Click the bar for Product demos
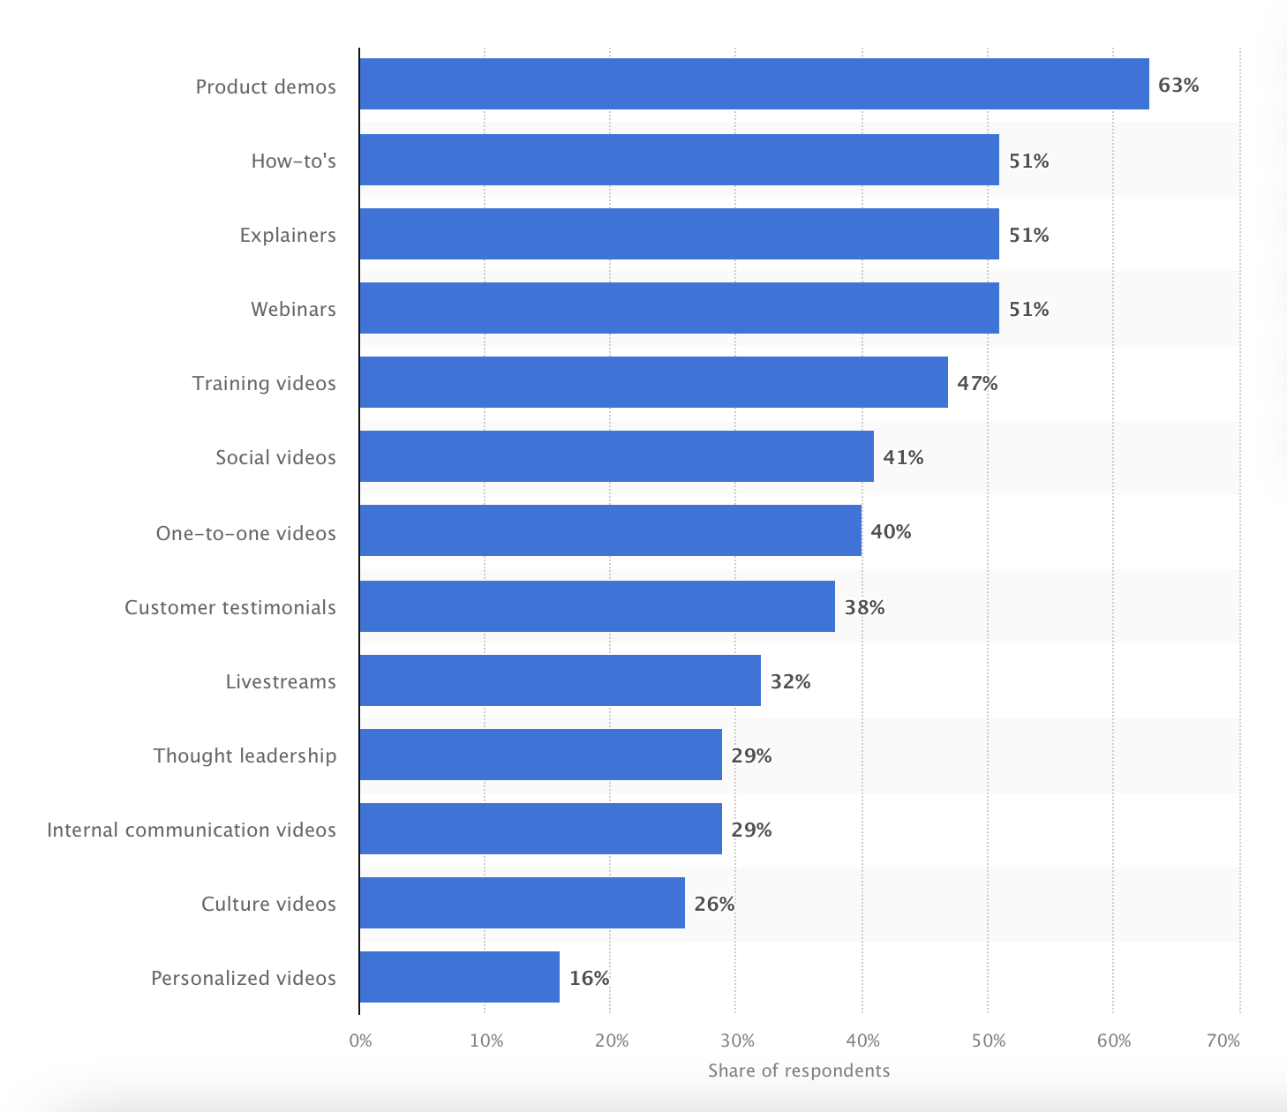tap(754, 84)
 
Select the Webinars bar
tap(679, 308)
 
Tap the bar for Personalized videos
tap(459, 977)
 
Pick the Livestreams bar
tap(560, 680)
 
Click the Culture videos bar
tap(522, 903)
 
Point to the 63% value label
tap(1178, 85)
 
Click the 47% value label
tap(977, 383)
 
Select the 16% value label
tap(589, 978)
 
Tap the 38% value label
tap(864, 607)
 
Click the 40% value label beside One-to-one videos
tap(891, 531)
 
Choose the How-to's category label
tap(293, 161)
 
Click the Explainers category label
tap(288, 235)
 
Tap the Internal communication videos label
tap(192, 830)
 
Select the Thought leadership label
tap(245, 755)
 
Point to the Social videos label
tap(275, 457)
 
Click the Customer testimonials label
tap(230, 607)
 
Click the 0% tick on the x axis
tap(360, 1041)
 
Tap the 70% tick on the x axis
tap(1223, 1041)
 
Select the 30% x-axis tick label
tap(736, 1041)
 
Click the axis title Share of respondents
tap(799, 1071)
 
